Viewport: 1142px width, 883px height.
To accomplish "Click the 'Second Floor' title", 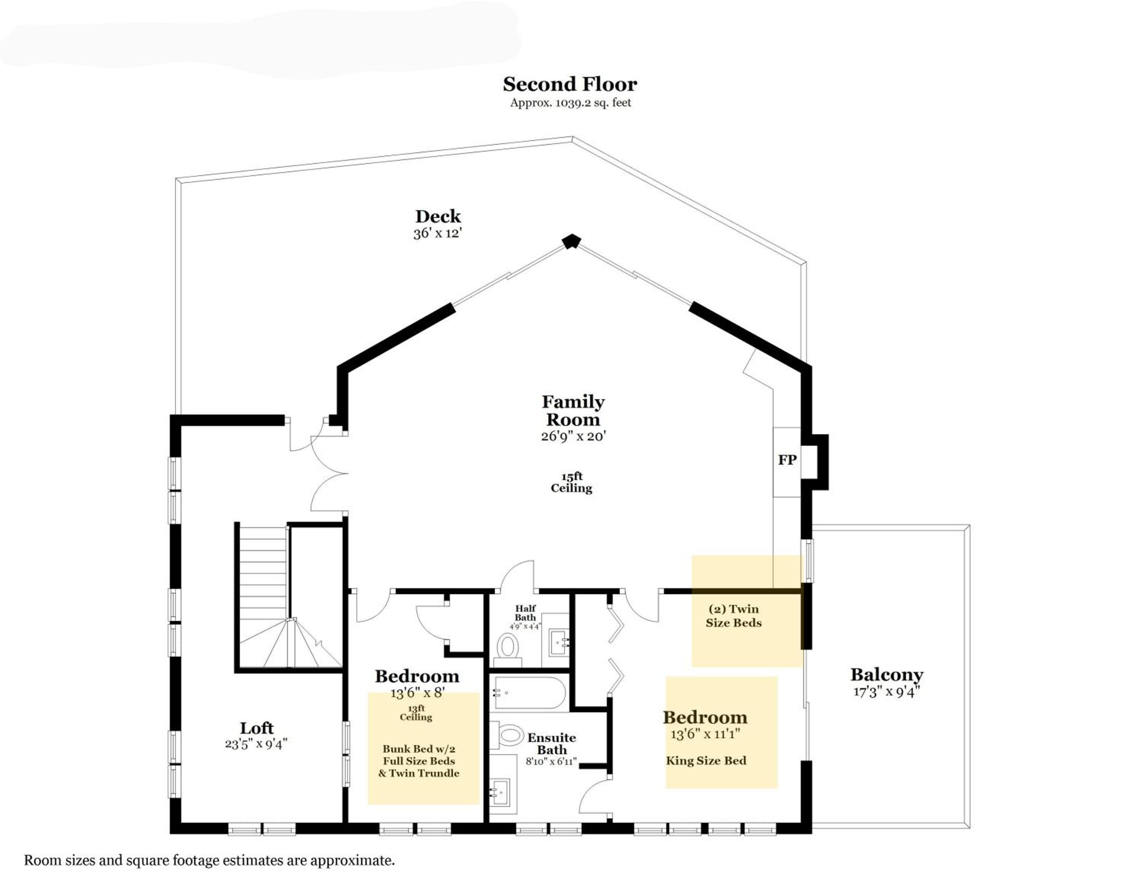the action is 570,84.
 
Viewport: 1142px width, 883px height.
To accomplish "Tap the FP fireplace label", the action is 787,460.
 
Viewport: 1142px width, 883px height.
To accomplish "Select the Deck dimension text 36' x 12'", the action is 438,233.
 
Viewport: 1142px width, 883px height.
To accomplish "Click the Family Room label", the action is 573,411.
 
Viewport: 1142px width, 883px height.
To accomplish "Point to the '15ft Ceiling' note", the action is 571,482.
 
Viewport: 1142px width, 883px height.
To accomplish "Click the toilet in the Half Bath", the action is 507,646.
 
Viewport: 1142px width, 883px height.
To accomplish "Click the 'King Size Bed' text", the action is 706,761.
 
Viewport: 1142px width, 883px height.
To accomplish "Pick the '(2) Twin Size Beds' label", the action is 734,616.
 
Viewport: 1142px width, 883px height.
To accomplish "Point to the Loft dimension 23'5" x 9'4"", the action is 256,744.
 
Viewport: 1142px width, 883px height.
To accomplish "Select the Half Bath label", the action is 525,613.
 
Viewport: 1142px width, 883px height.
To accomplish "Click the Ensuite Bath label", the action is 552,744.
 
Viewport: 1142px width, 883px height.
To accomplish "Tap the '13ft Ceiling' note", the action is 416,713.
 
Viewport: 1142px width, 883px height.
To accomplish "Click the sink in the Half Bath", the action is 558,642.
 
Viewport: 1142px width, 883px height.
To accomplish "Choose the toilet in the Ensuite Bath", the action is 507,735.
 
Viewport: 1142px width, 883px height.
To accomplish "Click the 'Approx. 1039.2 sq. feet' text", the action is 571,102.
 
